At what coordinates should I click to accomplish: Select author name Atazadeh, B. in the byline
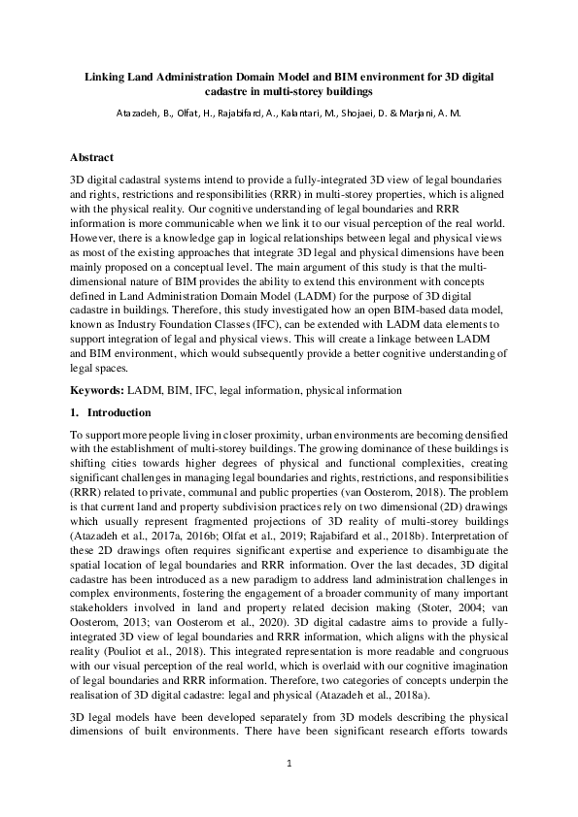145,113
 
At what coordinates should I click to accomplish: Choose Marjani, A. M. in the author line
434,113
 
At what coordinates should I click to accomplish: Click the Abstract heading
92,157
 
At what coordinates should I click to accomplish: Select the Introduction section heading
123,413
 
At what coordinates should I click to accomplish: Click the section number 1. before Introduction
76,413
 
